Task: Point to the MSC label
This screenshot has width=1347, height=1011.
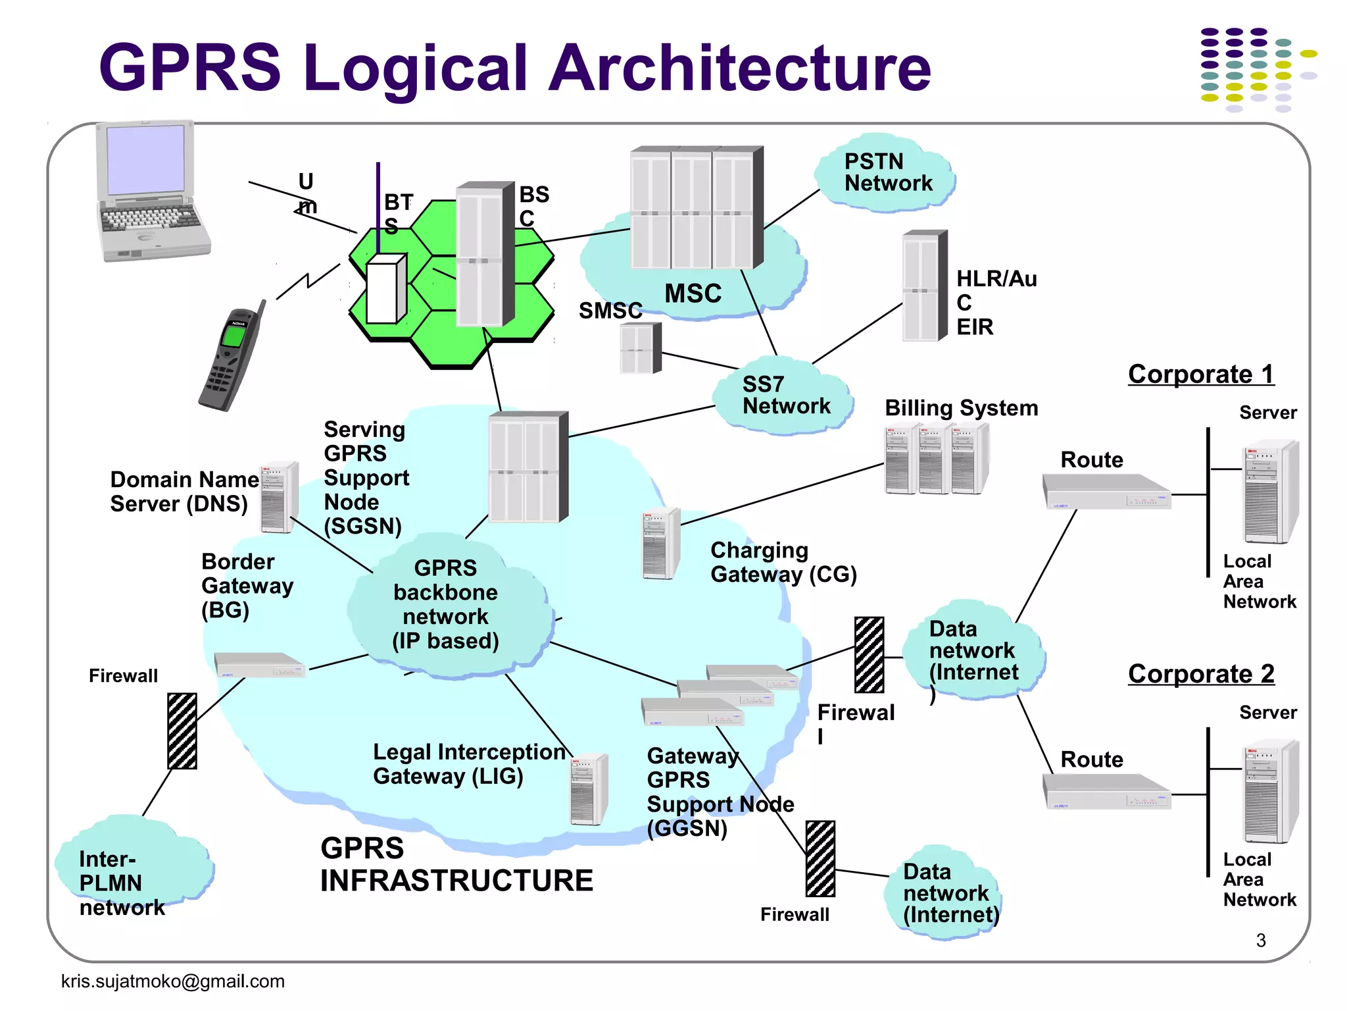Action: pos(693,294)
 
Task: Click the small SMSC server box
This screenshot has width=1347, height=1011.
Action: pos(640,348)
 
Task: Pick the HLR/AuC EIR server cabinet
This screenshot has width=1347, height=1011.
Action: pos(924,286)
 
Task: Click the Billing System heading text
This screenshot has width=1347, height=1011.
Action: pos(961,408)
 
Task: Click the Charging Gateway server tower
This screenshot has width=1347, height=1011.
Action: pos(661,544)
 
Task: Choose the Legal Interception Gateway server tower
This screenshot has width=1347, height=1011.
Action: pos(588,790)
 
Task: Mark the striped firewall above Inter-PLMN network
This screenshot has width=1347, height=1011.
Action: pos(182,731)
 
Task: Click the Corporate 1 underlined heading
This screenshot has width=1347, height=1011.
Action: pos(1200,375)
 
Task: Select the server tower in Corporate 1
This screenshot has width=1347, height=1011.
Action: pos(1269,492)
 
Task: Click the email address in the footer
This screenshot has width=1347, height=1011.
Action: pos(172,981)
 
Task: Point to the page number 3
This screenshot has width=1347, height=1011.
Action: pos(1260,941)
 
